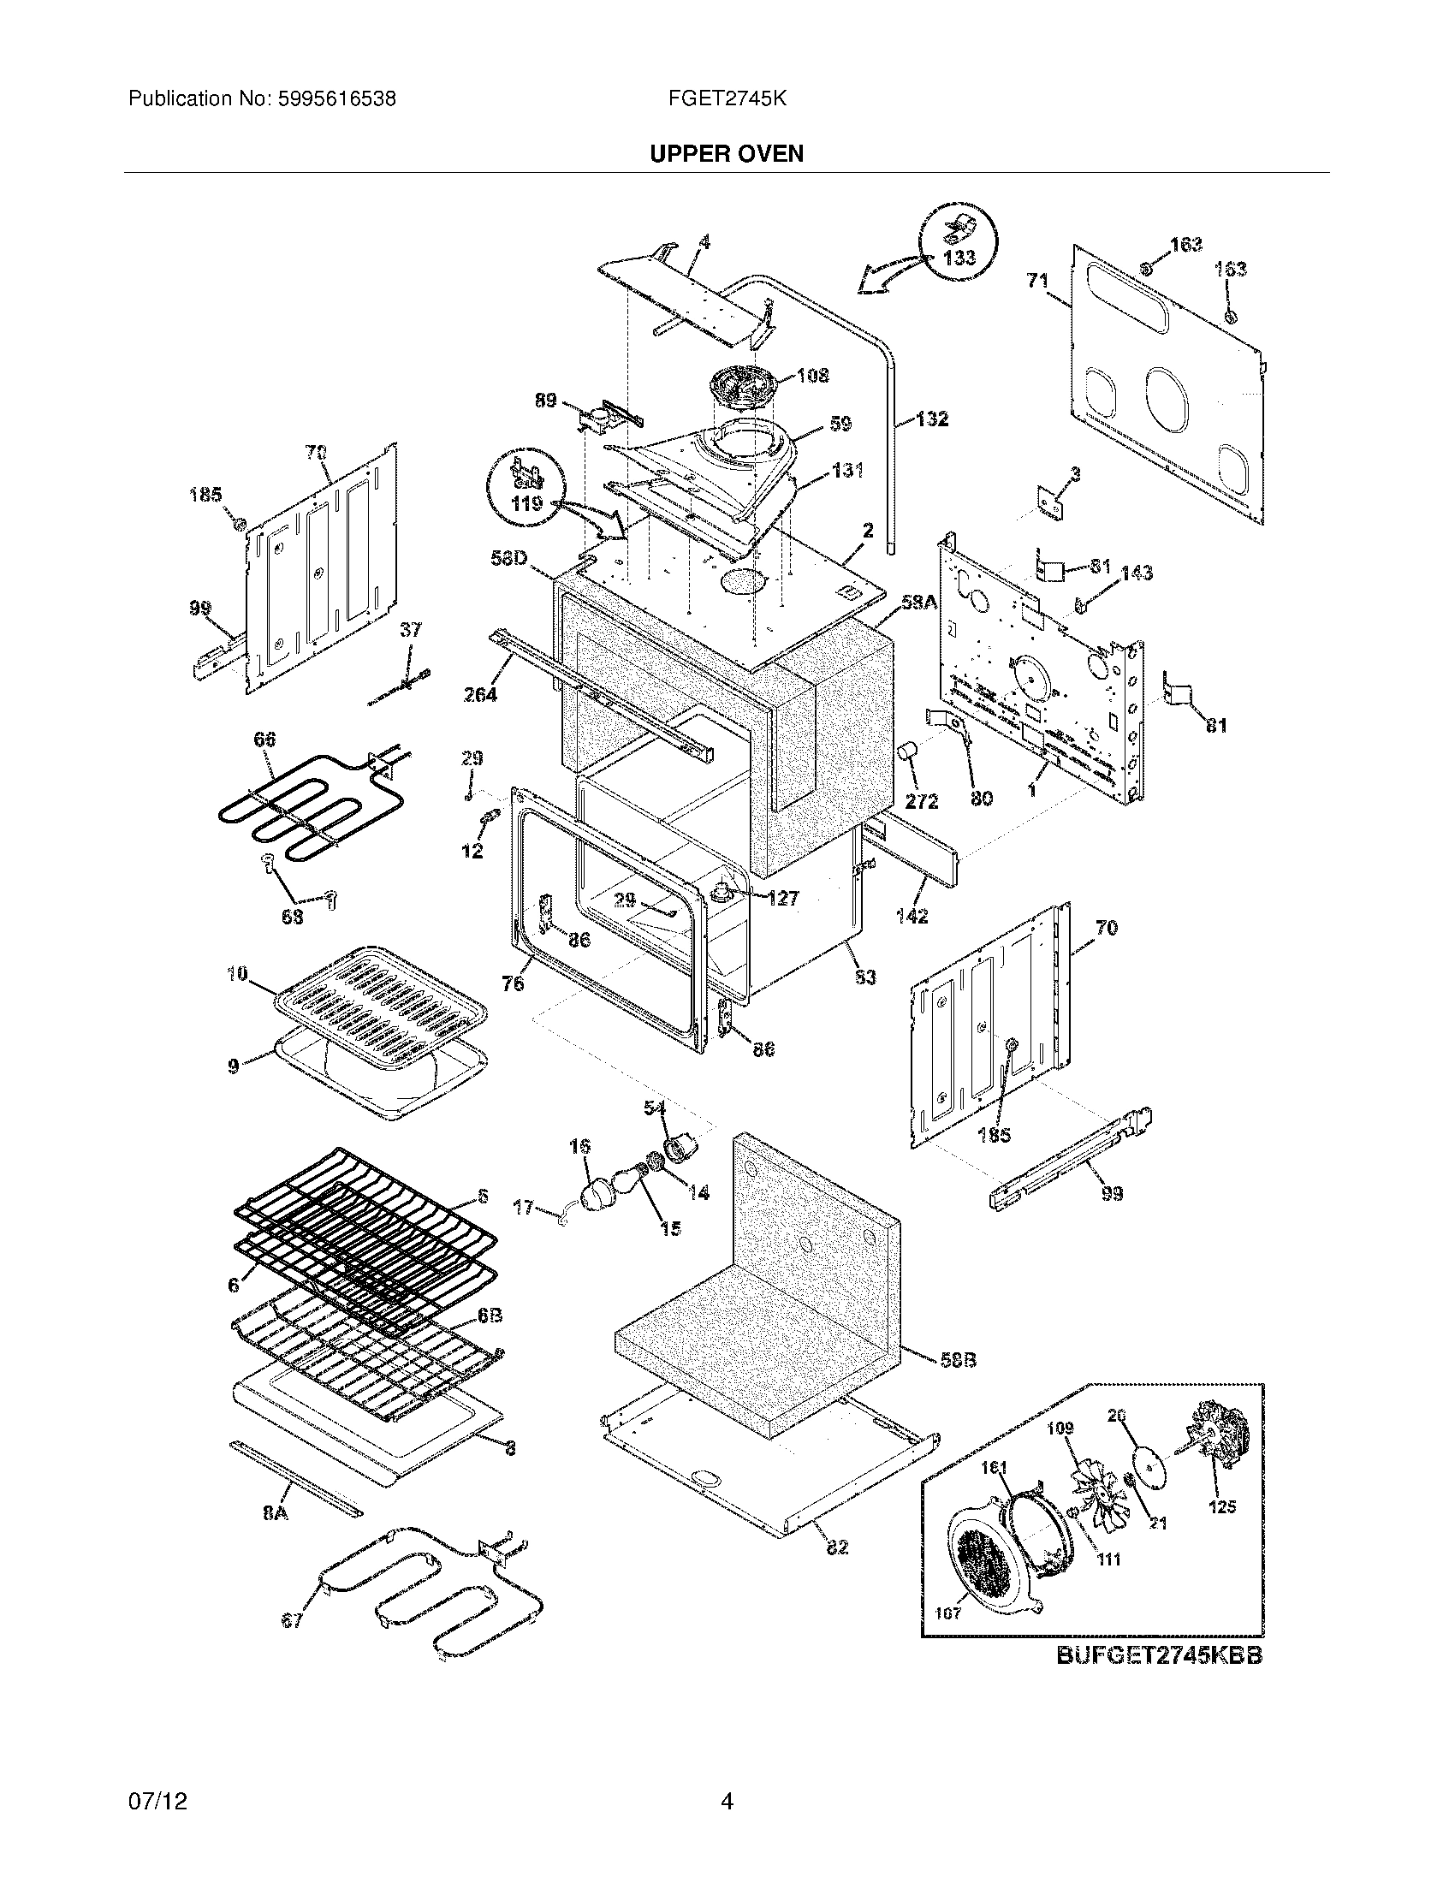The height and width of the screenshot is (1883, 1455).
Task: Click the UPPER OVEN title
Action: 727,153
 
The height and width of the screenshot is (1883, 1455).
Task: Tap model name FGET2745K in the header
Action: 727,99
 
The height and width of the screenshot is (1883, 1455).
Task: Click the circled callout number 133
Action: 959,257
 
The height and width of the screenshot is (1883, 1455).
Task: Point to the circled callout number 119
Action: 526,502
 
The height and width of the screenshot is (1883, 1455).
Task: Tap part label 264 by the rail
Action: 479,694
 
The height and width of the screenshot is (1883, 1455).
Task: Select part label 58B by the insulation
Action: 959,1360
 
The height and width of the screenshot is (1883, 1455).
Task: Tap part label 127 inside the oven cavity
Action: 782,899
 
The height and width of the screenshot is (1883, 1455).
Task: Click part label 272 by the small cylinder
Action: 923,801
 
